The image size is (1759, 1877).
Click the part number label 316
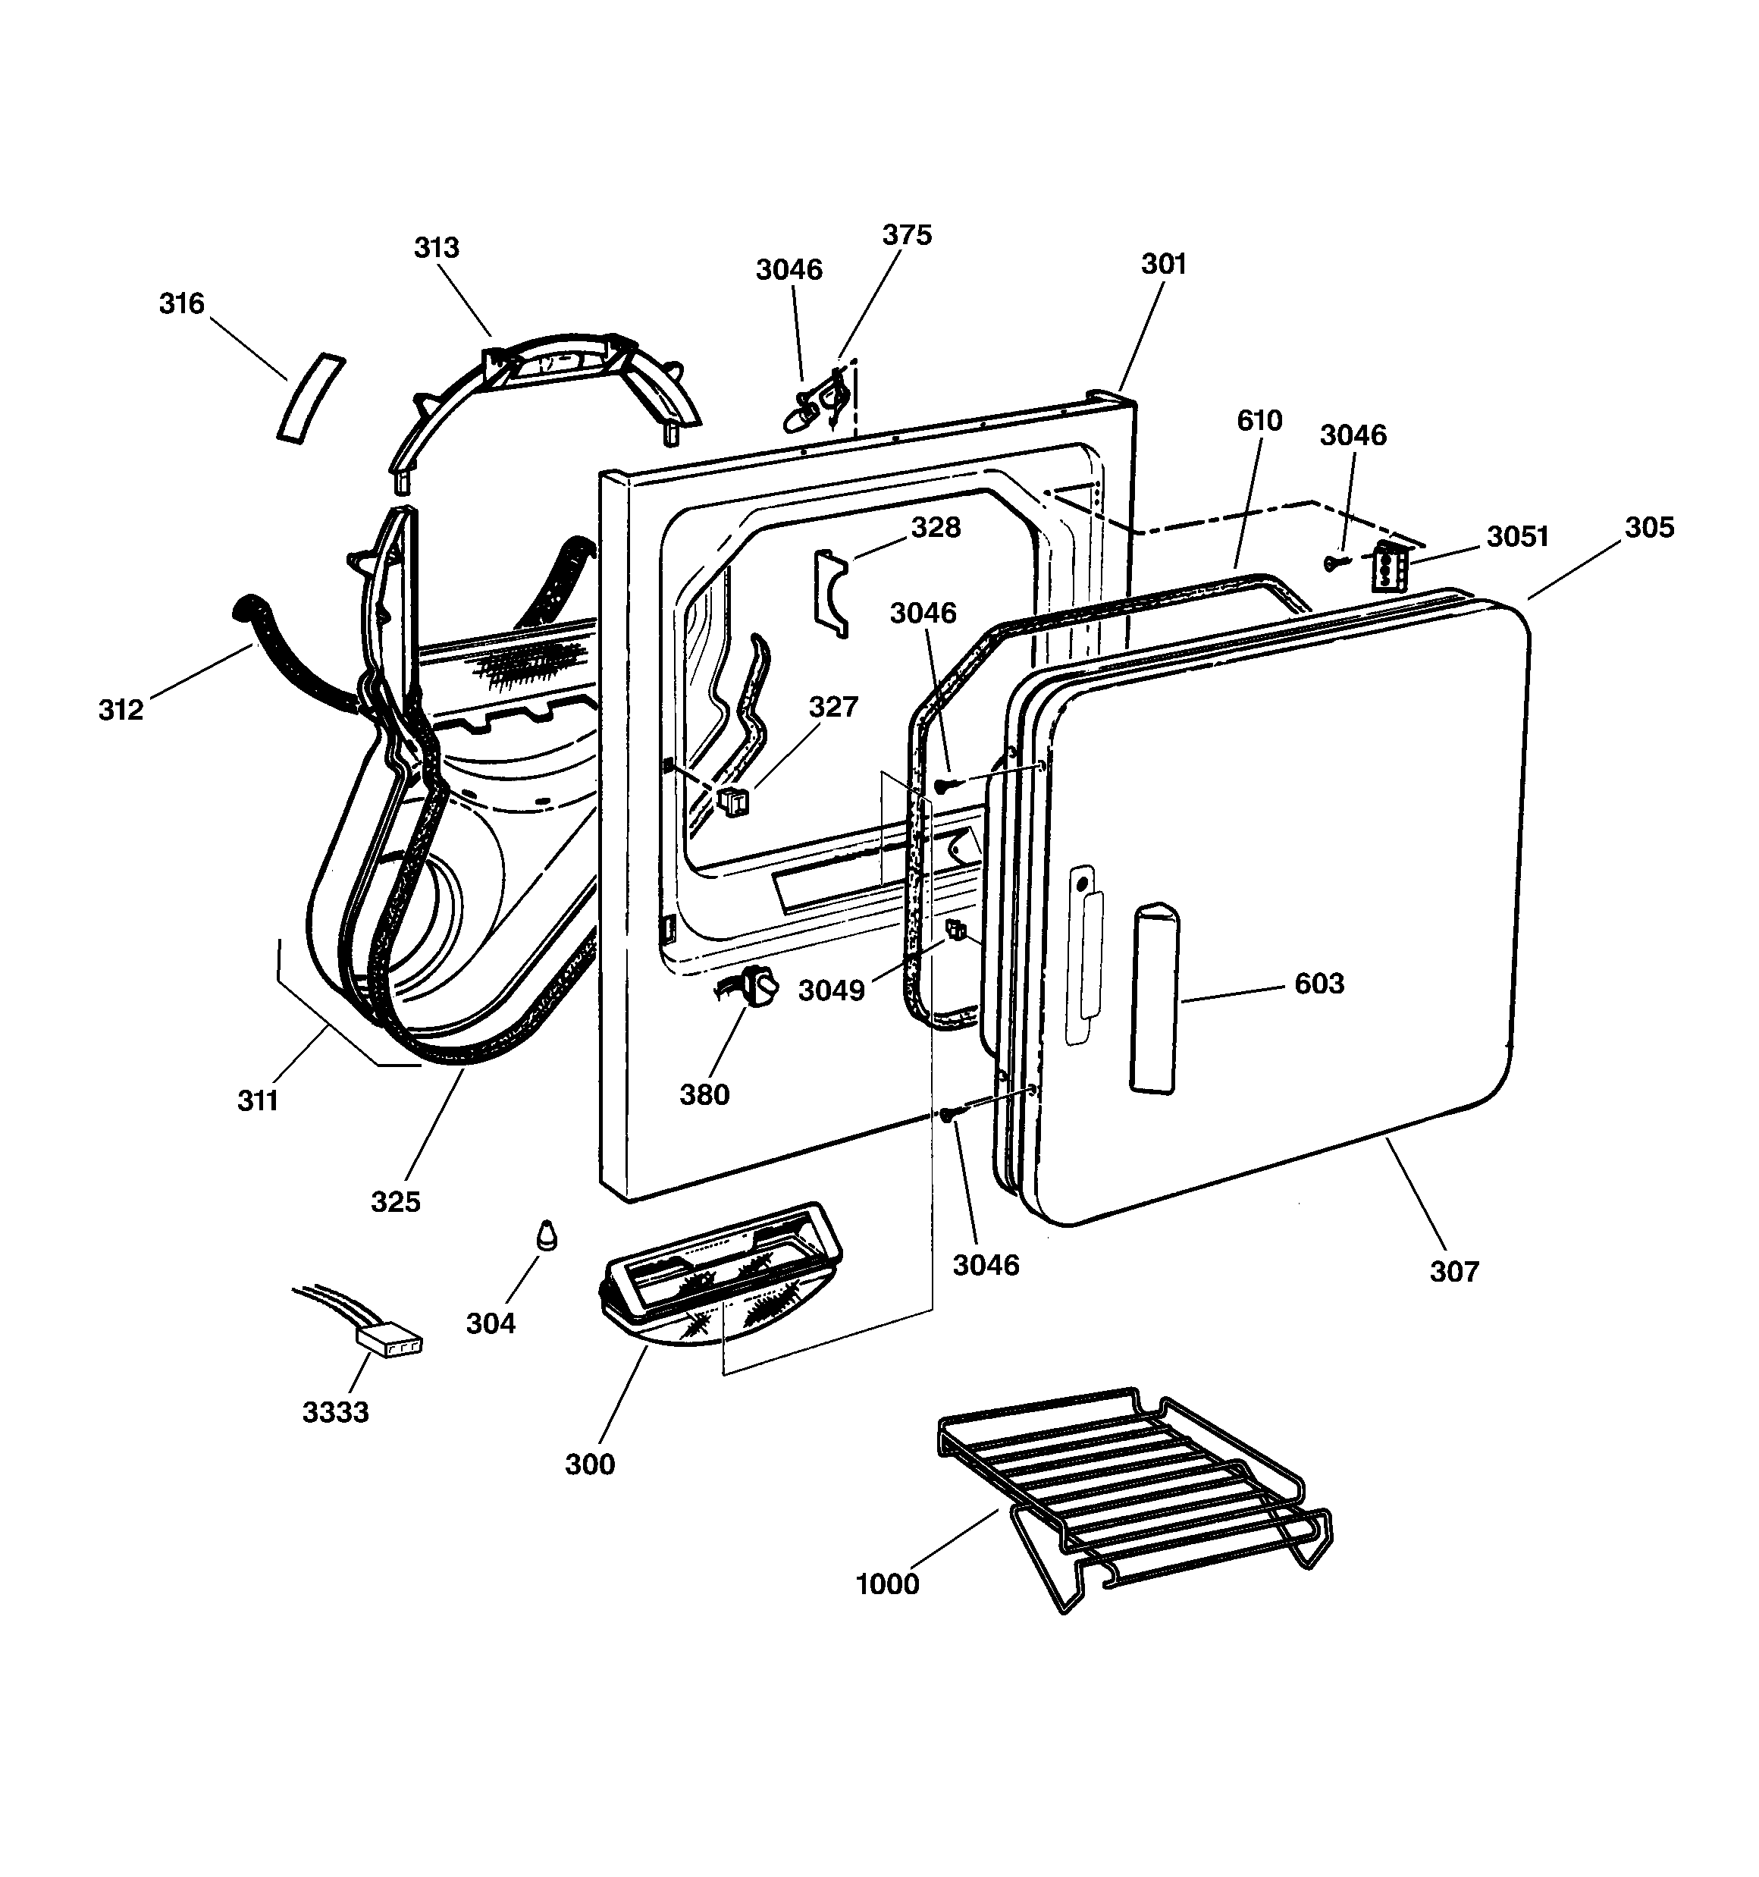tap(181, 304)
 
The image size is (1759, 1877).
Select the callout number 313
tap(436, 247)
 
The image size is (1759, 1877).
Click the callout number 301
tap(1163, 265)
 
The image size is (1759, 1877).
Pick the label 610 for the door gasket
tap(1259, 420)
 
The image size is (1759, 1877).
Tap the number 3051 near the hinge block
tap(1518, 536)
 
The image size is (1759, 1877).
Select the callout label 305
tap(1650, 527)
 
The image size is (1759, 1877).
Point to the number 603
tap(1319, 984)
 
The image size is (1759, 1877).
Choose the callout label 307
tap(1454, 1272)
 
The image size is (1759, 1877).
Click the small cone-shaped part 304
tap(546, 1235)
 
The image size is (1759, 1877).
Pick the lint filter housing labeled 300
tap(720, 1275)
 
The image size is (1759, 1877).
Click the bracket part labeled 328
tap(831, 593)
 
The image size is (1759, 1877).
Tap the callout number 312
tap(121, 710)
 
